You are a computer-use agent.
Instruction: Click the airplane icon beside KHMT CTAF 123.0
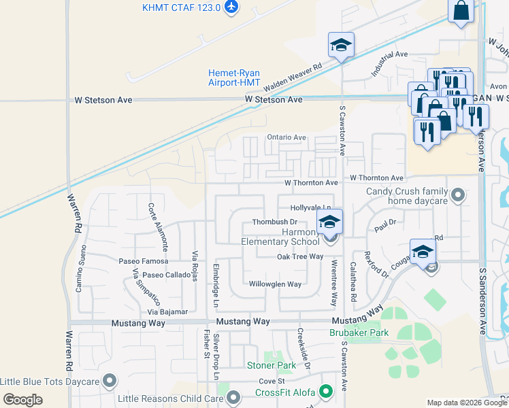[x=232, y=7]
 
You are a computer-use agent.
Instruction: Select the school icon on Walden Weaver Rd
[x=341, y=46]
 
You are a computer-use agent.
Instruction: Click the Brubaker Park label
[x=359, y=333]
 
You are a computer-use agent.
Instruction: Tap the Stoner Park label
[x=271, y=365]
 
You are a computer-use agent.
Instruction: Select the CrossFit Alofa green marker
[x=327, y=392]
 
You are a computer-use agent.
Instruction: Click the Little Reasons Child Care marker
[x=234, y=396]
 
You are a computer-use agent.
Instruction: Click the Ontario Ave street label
[x=286, y=137]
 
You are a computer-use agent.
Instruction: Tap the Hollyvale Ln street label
[x=310, y=207]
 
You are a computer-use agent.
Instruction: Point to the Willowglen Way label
[x=275, y=284]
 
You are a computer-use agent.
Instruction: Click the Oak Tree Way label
[x=299, y=256]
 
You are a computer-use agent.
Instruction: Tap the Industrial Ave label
[x=389, y=63]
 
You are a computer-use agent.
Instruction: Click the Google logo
[x=22, y=399]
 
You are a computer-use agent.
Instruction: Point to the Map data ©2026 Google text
[x=467, y=403]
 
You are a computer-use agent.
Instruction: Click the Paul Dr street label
[x=384, y=226]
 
